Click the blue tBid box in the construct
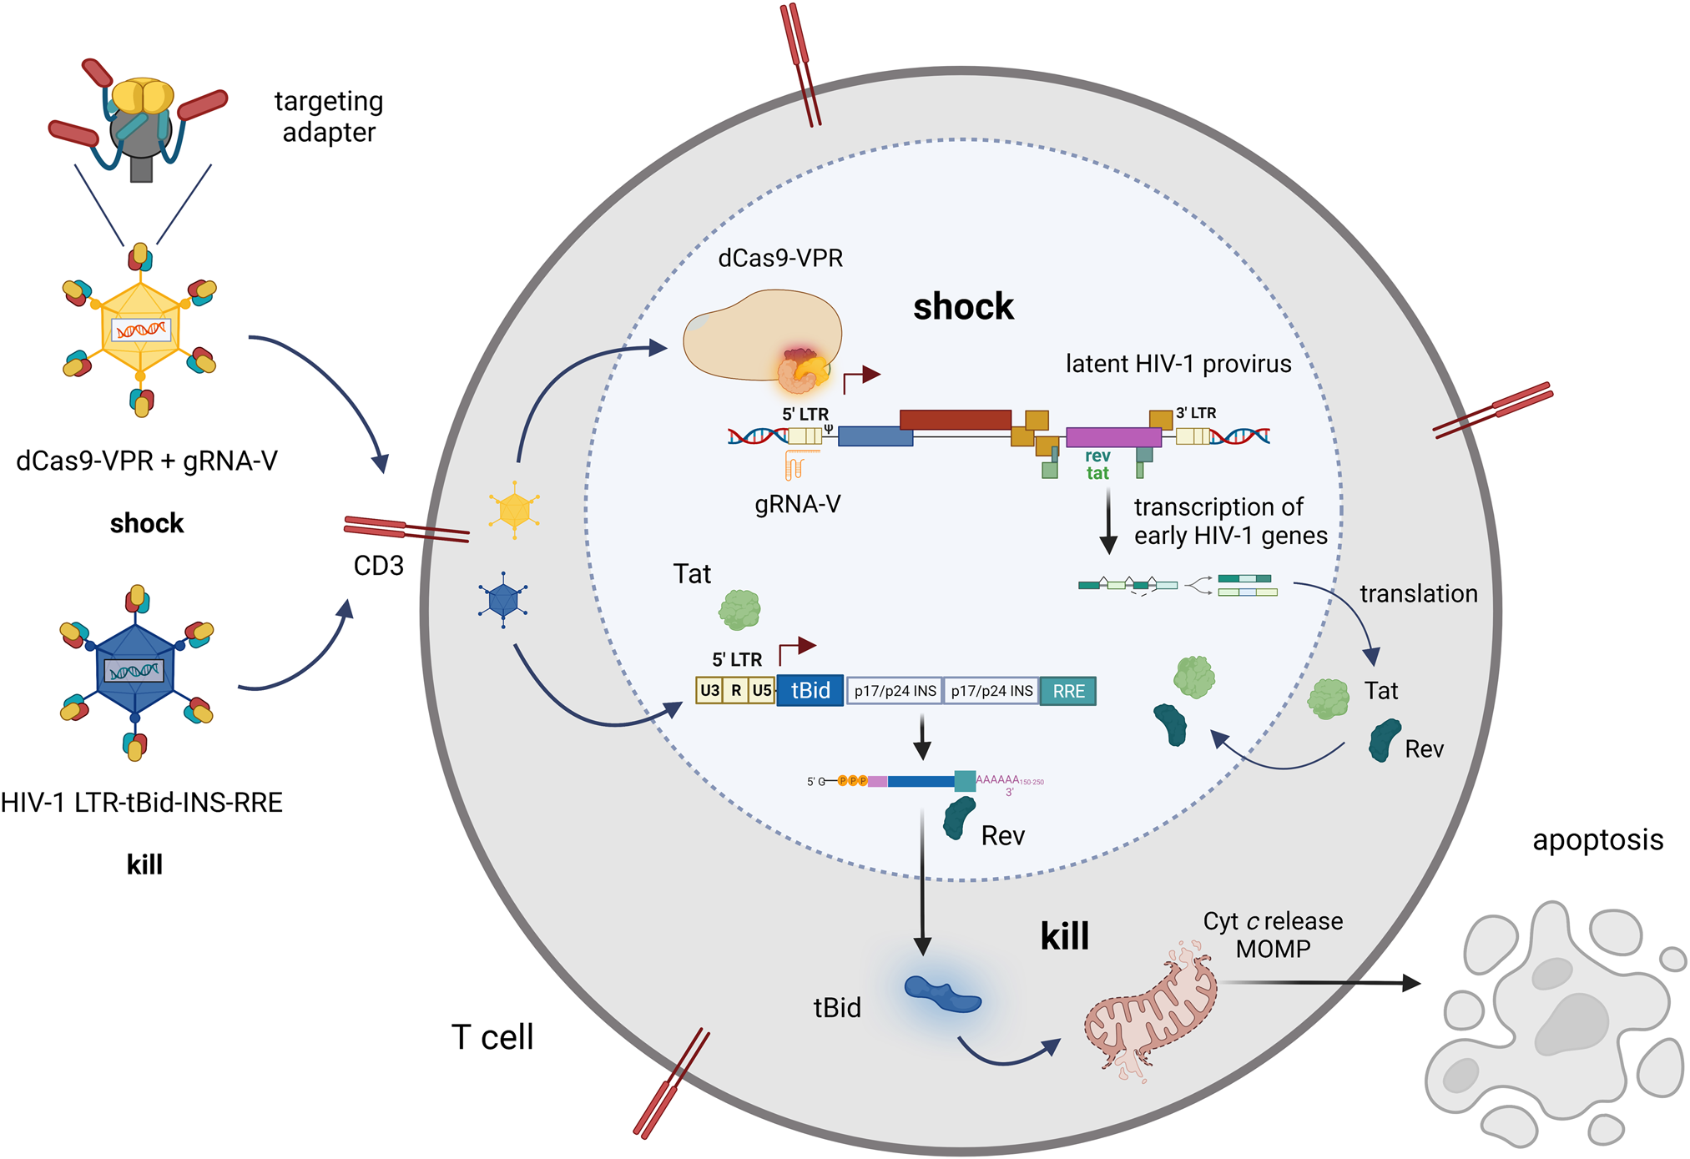point(810,691)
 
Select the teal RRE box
point(1067,691)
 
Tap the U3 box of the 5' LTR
point(709,691)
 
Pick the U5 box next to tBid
point(762,691)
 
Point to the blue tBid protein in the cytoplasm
point(942,994)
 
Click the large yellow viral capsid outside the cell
point(140,329)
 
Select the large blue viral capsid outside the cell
point(135,669)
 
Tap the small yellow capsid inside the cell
point(514,509)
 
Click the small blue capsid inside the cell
point(503,599)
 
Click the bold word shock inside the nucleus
point(963,307)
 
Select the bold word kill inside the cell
point(1064,936)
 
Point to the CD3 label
point(378,566)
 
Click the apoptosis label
point(1597,839)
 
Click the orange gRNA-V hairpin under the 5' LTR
point(796,464)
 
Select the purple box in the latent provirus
point(1113,437)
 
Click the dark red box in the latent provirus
point(955,419)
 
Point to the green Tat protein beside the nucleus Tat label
point(739,610)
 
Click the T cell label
point(492,1037)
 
